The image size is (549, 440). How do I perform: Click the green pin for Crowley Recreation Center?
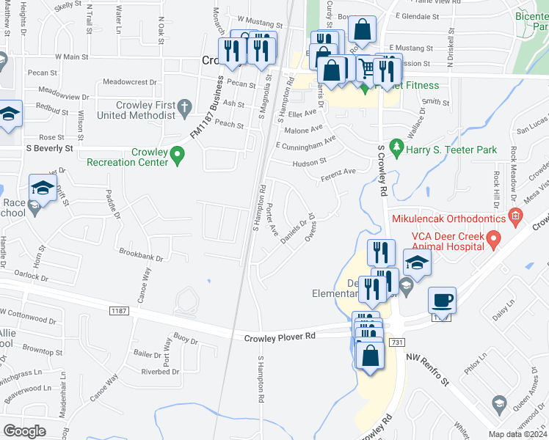(176, 155)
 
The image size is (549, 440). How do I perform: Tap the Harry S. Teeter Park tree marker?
(397, 149)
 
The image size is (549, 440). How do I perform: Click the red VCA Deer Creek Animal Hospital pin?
(494, 240)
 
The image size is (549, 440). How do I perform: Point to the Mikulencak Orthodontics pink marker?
(515, 217)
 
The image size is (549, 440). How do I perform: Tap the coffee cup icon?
(442, 300)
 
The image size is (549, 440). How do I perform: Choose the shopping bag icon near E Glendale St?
(361, 30)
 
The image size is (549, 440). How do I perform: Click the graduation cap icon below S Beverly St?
(43, 189)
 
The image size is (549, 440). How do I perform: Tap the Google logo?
(24, 430)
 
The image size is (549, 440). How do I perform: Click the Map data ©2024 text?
(517, 434)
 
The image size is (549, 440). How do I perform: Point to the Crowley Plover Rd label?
(280, 335)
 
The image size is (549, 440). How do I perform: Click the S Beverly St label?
(49, 147)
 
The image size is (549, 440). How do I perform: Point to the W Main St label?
(76, 56)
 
